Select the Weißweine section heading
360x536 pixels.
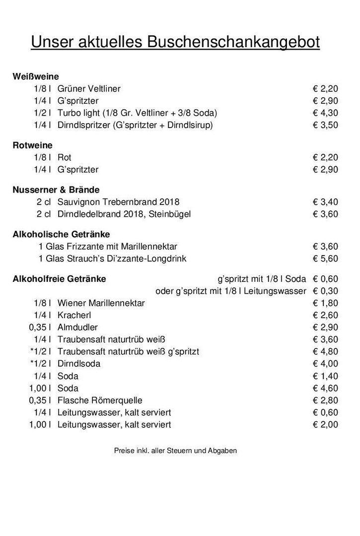click(x=36, y=76)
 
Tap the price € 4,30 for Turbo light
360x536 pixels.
click(x=325, y=113)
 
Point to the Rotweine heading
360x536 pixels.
click(x=32, y=145)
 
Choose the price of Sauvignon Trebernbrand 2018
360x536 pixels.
click(x=325, y=202)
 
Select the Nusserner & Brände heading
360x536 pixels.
click(x=56, y=190)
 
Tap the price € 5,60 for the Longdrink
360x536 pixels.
click(x=325, y=259)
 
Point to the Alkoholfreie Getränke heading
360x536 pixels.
click(x=59, y=279)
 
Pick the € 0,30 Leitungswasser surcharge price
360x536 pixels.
click(x=325, y=291)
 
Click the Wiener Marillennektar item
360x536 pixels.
click(x=101, y=303)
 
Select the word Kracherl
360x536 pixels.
click(x=74, y=315)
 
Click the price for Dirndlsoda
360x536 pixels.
click(x=325, y=364)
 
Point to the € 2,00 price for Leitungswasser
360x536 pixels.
click(x=325, y=425)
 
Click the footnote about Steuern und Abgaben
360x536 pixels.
click(x=175, y=451)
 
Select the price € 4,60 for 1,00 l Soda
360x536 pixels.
click(x=325, y=388)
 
